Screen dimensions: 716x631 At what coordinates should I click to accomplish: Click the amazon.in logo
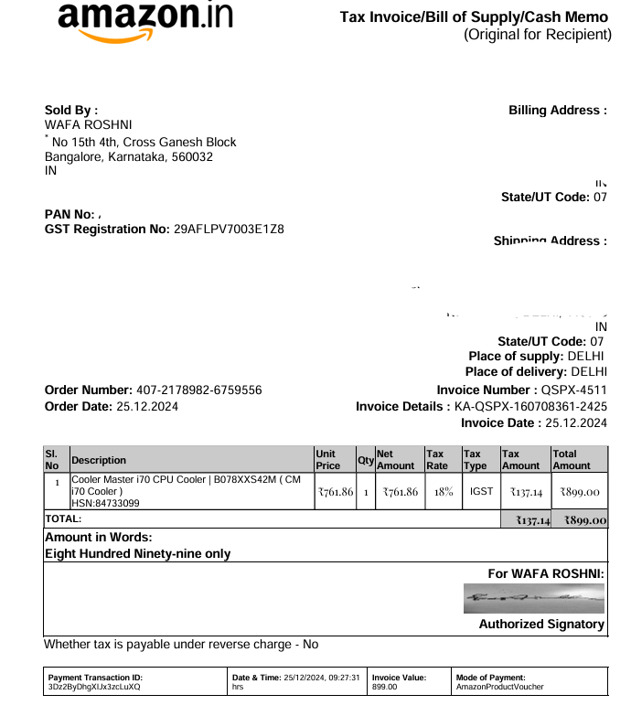coord(144,21)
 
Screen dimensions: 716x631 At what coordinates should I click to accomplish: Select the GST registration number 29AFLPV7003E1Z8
coord(229,229)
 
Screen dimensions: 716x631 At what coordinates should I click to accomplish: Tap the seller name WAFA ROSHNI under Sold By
coord(88,124)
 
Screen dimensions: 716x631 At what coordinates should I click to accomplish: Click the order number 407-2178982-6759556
coord(198,390)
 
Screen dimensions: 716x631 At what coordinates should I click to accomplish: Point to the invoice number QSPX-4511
coord(573,390)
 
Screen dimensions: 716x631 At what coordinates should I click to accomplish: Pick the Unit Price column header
coord(327,460)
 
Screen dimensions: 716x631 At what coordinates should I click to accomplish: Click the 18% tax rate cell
coord(443,492)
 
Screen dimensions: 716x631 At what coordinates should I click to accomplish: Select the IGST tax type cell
coord(481,492)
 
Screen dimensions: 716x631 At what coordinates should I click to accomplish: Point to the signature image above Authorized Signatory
coord(534,599)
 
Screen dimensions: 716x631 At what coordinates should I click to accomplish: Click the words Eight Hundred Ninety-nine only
coord(137,553)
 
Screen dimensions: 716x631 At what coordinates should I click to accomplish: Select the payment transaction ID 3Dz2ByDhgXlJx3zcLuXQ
coord(94,687)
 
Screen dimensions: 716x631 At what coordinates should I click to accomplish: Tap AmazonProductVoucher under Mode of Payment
coord(499,687)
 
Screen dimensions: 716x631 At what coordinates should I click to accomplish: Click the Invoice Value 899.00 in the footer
coord(385,687)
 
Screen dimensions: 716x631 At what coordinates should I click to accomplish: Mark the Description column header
coord(99,460)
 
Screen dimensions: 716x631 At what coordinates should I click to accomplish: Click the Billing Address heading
coord(557,111)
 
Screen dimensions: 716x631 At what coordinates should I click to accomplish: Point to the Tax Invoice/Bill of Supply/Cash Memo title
coord(474,17)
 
